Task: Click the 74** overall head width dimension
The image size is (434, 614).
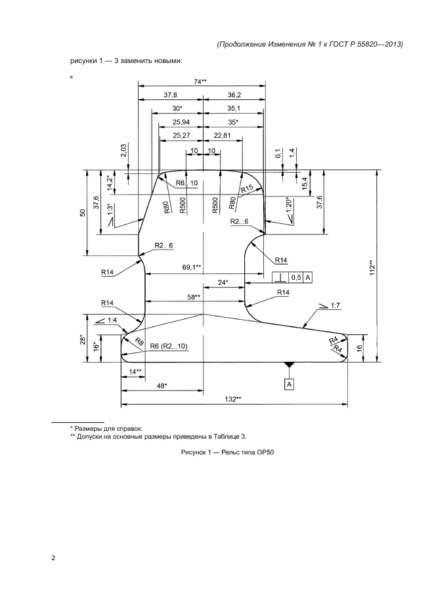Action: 200,81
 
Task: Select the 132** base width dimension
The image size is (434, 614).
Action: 232,399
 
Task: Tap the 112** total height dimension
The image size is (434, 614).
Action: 372,267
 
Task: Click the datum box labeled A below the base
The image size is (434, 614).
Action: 289,385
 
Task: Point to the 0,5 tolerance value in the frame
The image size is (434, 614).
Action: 297,278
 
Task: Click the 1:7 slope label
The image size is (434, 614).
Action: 335,305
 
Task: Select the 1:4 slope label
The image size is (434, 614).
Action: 112,320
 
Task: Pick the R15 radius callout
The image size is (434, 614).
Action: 248,189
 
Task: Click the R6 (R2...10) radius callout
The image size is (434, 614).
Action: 169,347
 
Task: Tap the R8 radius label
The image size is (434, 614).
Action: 139,341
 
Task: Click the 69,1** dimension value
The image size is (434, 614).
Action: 192,267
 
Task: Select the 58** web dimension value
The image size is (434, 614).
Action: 194,297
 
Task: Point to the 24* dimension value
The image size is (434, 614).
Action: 223,282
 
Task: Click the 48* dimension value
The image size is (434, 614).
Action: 162,385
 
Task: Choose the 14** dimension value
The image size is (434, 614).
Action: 135,372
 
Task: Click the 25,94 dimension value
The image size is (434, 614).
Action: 181,122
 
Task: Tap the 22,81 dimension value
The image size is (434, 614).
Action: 222,135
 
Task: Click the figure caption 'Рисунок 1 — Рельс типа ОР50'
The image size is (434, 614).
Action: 227,452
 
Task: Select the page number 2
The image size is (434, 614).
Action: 53,558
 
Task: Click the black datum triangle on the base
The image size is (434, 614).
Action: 289,365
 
